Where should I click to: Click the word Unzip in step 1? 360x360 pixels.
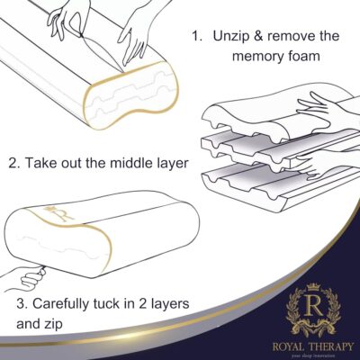point(235,37)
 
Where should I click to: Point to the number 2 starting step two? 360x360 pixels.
point(12,166)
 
